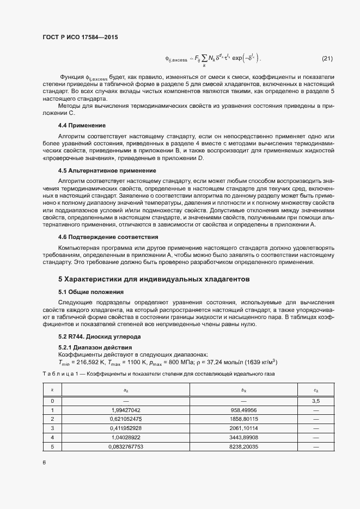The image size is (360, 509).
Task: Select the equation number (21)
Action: tap(328, 58)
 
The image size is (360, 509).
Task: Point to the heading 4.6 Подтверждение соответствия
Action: tap(108, 237)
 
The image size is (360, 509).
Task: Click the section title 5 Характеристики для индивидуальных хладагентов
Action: tap(154, 279)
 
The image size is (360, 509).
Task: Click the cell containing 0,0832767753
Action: tap(125, 446)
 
